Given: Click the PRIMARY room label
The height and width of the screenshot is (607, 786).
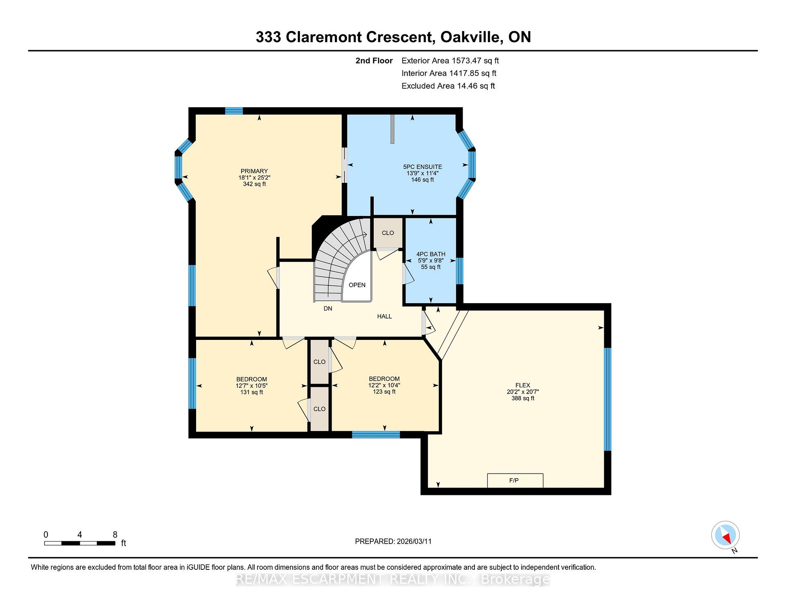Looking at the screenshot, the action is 254,171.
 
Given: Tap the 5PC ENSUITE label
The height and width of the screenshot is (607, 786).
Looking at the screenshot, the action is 422,167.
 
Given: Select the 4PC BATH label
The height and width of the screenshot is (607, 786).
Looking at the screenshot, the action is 431,254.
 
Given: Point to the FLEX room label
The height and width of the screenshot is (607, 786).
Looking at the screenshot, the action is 523,385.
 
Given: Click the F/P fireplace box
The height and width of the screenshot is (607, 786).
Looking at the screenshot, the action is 515,481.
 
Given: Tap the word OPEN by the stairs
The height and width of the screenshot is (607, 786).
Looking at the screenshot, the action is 357,285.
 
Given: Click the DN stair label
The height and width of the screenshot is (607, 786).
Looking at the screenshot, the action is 328,308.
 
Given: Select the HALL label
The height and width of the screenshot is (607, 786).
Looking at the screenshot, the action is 384,316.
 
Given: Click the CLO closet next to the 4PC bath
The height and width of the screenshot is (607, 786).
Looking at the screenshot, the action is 388,233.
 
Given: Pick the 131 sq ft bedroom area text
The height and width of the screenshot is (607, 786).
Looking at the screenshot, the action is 252,392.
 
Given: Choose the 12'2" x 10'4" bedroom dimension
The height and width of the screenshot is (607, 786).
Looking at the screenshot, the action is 384,385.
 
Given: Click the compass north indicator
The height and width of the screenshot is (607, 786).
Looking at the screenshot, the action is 725,535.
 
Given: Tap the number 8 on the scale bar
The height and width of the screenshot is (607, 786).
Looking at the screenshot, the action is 115,535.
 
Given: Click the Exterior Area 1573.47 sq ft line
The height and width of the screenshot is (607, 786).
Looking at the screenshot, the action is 450,61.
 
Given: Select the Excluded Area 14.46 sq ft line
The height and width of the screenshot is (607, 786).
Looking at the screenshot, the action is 448,86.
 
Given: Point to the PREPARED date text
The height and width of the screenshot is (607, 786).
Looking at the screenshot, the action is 393,541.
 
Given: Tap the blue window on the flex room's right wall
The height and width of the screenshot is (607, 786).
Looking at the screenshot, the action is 608,399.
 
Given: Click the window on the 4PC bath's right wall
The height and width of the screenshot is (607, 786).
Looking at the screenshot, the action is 459,271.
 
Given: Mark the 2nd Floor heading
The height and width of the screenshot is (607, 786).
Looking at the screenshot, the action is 374,61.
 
